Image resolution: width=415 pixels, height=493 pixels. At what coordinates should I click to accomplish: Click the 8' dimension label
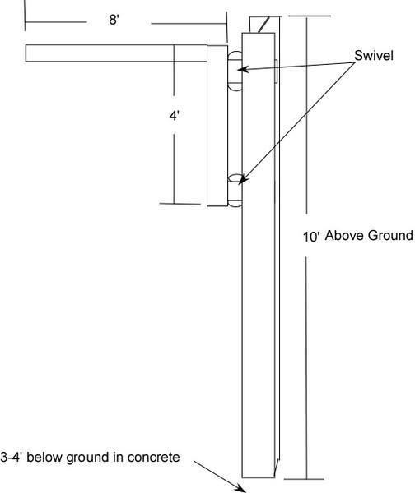pos(114,20)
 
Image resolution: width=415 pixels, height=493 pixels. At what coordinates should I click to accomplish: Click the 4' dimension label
pos(175,116)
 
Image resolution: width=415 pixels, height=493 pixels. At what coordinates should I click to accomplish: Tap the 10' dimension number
pos(311,237)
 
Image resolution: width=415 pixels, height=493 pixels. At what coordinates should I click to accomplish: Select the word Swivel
pos(374,56)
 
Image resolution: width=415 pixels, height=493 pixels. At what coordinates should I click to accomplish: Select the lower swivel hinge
pos(235,191)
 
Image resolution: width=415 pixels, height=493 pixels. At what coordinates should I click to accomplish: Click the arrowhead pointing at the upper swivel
pos(243,70)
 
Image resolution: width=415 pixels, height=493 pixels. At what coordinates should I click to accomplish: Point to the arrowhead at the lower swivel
pos(243,179)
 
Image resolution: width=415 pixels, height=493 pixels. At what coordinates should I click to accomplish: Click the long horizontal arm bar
pos(116,53)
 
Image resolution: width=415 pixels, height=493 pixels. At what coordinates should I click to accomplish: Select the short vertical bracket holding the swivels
pos(217,126)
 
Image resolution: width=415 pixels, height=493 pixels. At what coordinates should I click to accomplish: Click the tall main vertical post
pos(259,255)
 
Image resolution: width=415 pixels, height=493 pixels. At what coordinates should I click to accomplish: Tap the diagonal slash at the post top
pos(263,25)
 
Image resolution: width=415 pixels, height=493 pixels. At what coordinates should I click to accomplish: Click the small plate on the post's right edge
pos(276,71)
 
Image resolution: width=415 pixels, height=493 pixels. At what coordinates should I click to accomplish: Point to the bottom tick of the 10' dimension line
pos(304,479)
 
